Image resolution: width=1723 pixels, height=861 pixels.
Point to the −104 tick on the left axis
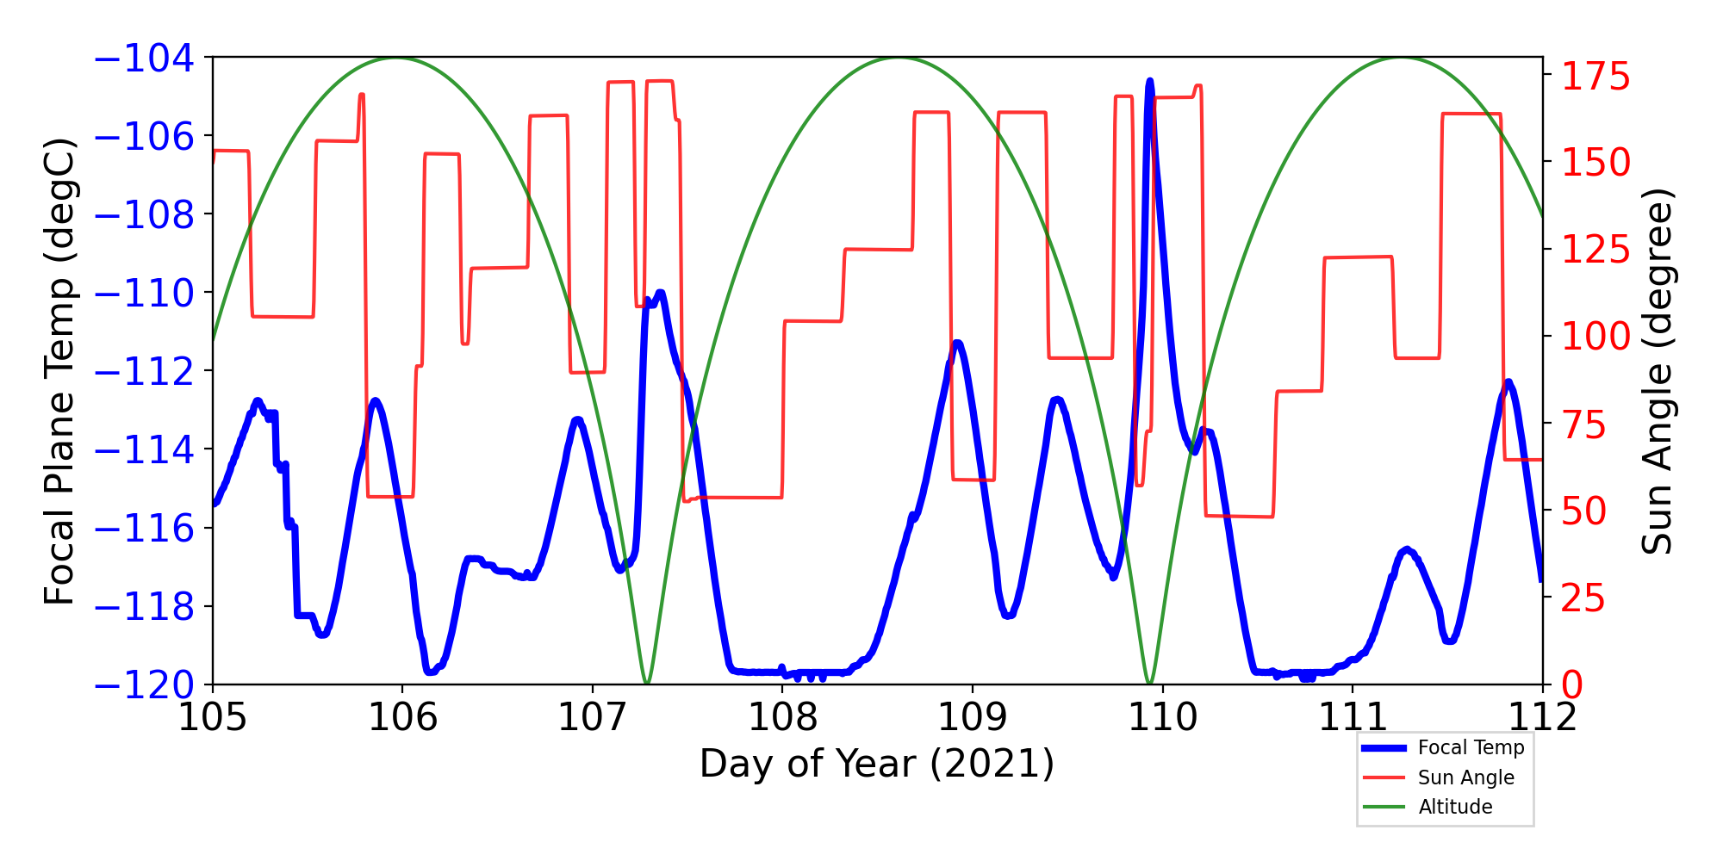tap(144, 58)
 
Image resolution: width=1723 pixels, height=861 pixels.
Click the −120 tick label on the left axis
tap(144, 685)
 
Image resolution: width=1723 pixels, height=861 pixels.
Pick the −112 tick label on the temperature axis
tap(144, 371)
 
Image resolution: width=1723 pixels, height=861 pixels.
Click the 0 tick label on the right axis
tap(1572, 685)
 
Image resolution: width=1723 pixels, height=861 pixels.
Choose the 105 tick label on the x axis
tap(213, 717)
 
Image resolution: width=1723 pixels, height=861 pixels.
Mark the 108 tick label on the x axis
tap(782, 717)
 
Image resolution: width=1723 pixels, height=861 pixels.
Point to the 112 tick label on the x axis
tap(1542, 717)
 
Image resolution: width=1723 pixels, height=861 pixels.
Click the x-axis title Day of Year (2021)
tap(877, 764)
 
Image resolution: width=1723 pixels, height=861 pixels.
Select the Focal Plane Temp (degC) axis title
tap(60, 371)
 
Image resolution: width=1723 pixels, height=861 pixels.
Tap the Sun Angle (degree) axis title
tap(1657, 371)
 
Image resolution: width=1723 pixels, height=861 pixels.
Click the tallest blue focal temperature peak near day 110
tap(1149, 82)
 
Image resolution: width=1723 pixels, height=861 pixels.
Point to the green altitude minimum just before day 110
tap(1149, 683)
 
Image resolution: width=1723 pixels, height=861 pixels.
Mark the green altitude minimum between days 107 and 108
tap(647, 683)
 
